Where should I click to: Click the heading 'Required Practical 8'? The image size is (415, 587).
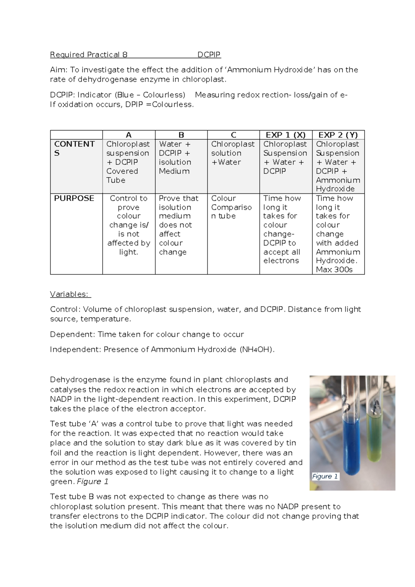89,55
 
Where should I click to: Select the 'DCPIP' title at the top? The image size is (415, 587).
209,55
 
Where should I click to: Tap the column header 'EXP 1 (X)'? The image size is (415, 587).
286,135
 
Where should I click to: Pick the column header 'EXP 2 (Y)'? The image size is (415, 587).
338,135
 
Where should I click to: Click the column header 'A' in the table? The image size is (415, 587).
129,135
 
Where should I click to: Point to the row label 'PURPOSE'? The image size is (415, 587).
74,198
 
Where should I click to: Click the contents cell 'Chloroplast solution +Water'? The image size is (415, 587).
233,153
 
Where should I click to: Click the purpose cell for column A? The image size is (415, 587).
129,225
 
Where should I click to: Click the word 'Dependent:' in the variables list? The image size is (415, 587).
73,334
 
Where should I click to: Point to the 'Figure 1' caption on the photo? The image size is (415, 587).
325,477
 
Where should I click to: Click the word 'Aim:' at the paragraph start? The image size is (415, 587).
59,70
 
